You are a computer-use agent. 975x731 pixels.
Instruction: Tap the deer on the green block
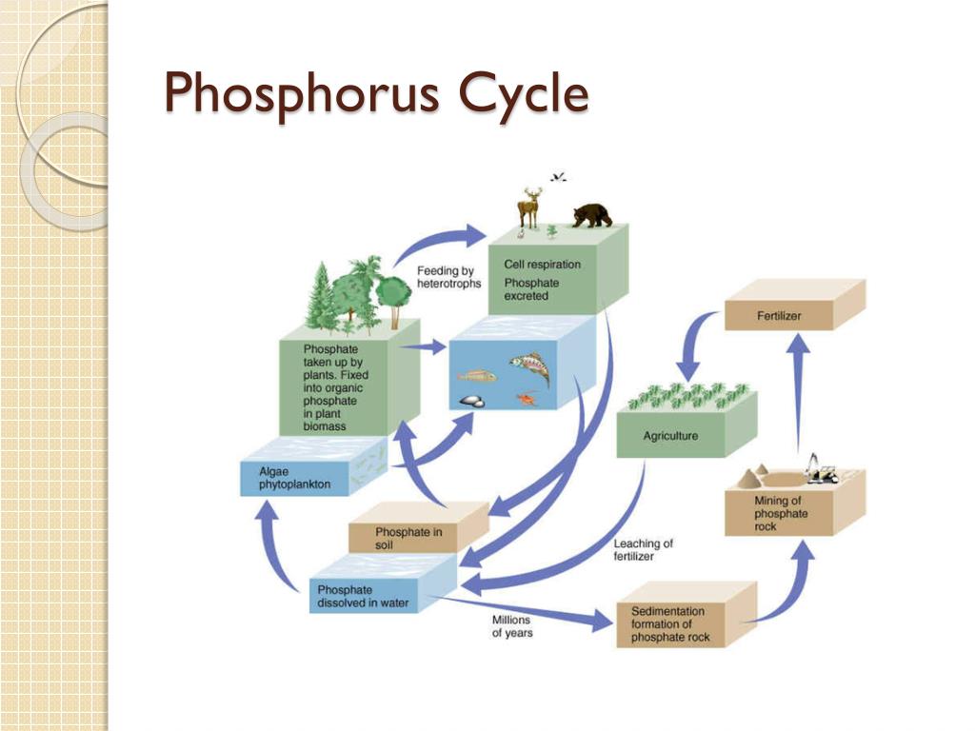point(529,207)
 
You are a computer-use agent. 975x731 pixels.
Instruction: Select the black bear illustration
point(592,215)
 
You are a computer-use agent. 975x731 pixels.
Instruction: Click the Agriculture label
point(670,436)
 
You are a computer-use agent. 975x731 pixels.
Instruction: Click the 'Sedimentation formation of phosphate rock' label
point(669,624)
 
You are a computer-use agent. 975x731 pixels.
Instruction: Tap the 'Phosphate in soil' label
point(408,539)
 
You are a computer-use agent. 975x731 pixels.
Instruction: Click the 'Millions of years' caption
point(512,626)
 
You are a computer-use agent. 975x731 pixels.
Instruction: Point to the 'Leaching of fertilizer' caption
point(644,549)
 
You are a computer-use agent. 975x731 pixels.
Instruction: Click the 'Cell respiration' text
point(542,264)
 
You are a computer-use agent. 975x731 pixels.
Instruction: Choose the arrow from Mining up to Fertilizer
point(800,390)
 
